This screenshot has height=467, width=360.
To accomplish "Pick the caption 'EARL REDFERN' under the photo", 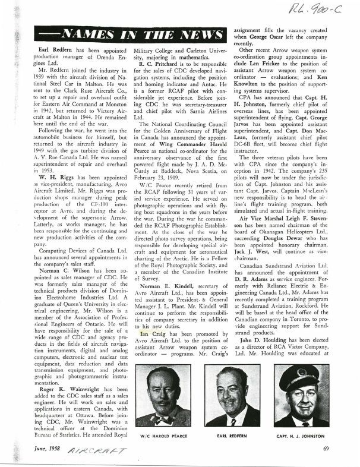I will point(232,435).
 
